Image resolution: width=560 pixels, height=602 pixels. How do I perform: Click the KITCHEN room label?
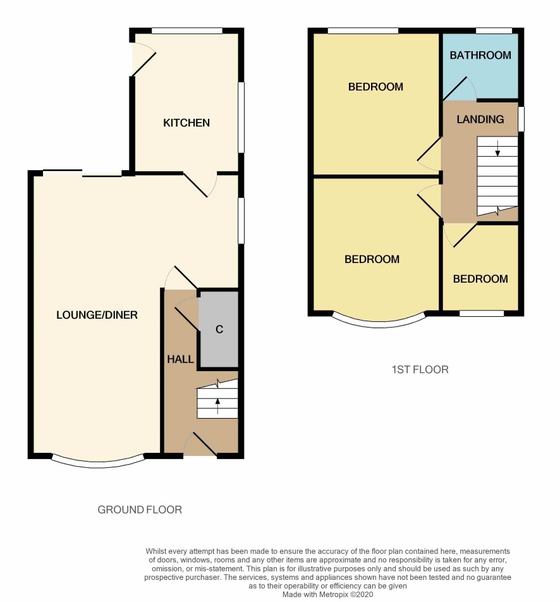[186, 123]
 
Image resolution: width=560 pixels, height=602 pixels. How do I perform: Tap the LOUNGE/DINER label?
[97, 315]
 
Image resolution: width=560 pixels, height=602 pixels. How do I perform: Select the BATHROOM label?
[480, 55]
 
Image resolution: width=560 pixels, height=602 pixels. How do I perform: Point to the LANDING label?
[480, 120]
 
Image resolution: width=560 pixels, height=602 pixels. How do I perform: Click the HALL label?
[180, 359]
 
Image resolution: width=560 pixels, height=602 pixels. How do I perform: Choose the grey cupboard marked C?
[219, 329]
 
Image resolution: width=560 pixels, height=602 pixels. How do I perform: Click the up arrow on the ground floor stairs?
[217, 406]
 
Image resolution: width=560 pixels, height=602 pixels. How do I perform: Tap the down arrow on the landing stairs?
[497, 148]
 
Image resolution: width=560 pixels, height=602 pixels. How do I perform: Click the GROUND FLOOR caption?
[140, 510]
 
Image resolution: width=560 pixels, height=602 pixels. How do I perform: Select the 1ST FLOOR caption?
[420, 370]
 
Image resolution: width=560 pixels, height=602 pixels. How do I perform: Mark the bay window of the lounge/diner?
[98, 462]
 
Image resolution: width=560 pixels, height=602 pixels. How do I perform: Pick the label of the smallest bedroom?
[480, 279]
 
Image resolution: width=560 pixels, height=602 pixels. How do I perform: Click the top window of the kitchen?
[187, 31]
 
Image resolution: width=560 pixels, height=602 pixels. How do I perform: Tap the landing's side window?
[521, 120]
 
